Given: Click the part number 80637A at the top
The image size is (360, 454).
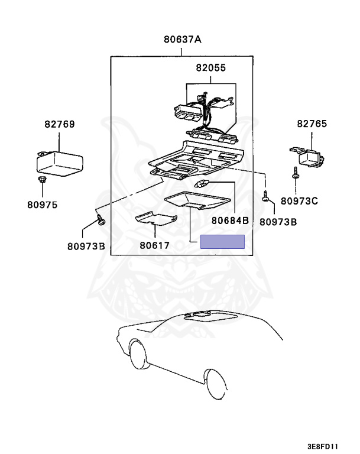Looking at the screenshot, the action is pos(183,40).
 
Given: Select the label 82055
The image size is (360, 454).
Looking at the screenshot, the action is pos(210,68).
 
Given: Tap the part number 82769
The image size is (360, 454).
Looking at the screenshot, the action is pos(60,124).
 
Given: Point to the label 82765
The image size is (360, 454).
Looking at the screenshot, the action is pos(312,124).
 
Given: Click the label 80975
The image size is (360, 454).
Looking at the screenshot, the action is pos(43,205).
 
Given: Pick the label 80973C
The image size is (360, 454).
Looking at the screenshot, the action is pos(299,201).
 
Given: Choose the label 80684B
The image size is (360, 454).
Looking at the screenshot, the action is pos(231,220).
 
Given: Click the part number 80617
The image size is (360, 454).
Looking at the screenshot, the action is pos(154,245).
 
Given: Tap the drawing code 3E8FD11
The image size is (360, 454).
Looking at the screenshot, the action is pos(323,446).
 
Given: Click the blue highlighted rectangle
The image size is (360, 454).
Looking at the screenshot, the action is pos(222,242).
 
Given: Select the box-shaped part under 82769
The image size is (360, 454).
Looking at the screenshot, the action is pos(60,163).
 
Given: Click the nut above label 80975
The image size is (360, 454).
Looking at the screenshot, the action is pos(43,180).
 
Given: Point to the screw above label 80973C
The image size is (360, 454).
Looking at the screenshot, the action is pos(296,173).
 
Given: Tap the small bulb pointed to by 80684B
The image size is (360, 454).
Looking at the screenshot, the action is pos(202,184).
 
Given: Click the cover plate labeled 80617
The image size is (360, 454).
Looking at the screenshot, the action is pos(157,219).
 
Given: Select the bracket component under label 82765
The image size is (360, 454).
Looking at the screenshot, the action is pos(307,157).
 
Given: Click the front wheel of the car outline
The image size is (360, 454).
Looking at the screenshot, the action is pos(138,354).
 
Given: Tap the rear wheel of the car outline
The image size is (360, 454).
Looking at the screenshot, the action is pos(215,384).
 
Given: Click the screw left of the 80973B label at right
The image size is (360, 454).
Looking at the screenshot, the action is pos(265,196).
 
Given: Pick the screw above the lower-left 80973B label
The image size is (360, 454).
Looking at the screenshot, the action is pos(101,219).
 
